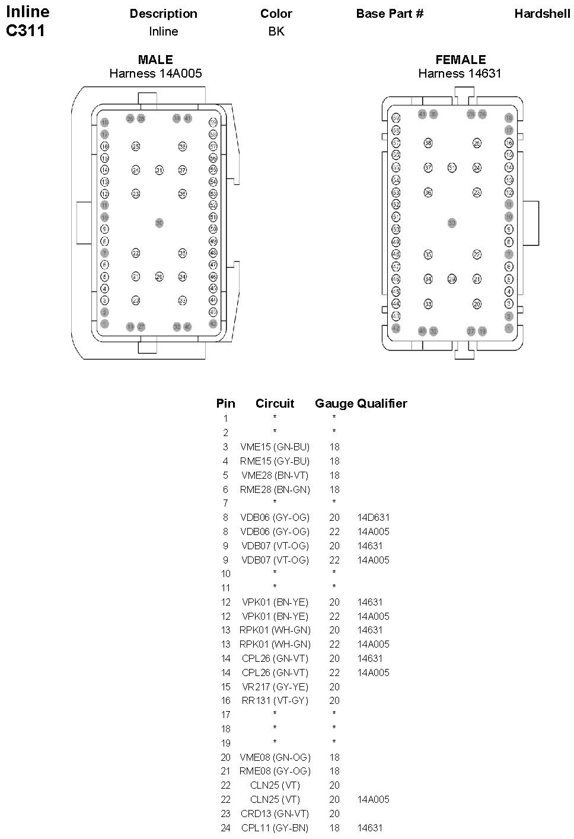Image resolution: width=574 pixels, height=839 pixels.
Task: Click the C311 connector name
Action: (25, 31)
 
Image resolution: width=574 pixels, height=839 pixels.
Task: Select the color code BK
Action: (276, 31)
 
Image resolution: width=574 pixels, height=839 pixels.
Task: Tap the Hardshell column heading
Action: (542, 14)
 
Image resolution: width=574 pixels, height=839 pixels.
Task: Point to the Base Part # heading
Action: (390, 14)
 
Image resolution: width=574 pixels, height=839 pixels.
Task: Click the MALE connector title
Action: (155, 59)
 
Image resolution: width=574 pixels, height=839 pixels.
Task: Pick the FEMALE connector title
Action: (460, 59)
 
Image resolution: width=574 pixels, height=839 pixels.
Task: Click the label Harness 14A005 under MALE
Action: (155, 73)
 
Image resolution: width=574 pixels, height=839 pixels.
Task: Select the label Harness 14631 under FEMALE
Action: (460, 73)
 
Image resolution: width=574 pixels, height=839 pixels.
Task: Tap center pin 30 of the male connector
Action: (159, 223)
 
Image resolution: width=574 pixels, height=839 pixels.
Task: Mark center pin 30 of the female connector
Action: (452, 223)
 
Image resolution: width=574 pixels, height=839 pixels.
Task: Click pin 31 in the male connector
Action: (159, 170)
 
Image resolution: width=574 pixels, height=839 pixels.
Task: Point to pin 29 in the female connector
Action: (452, 279)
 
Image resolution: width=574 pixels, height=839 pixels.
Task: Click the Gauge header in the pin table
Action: (334, 404)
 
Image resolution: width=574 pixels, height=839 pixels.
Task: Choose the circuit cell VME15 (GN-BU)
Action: (275, 447)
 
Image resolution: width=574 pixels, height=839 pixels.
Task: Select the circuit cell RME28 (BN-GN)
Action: (275, 489)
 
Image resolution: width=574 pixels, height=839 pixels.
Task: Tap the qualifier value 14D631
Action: (374, 517)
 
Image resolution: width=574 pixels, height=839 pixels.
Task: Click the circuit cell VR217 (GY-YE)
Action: (275, 687)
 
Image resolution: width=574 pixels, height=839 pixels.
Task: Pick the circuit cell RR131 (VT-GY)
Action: (275, 700)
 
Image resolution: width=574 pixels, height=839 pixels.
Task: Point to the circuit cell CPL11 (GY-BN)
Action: (275, 828)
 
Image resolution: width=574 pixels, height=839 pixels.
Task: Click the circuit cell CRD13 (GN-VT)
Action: (275, 814)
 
